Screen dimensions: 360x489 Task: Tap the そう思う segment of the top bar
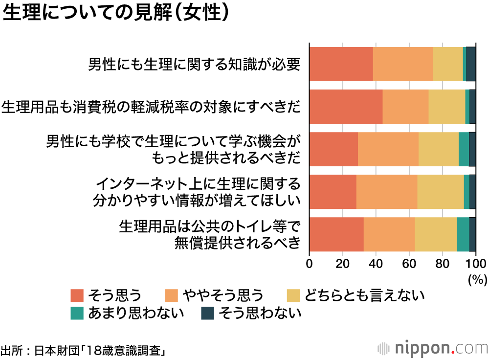(x=341, y=64)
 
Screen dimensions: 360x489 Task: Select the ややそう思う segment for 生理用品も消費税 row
(x=405, y=106)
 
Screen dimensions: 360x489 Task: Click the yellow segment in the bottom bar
(x=436, y=234)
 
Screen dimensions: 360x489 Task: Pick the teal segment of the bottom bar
(x=463, y=234)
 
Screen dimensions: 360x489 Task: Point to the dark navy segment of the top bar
(x=471, y=64)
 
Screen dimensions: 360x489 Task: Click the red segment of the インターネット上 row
(x=333, y=191)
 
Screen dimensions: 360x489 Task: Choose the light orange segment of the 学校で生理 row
(x=388, y=149)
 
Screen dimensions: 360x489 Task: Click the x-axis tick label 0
(x=310, y=264)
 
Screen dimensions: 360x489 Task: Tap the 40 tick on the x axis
(x=376, y=264)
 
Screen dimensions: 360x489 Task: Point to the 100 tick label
(x=475, y=264)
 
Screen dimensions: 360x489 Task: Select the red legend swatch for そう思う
(x=77, y=295)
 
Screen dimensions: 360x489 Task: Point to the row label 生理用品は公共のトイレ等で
(x=209, y=227)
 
